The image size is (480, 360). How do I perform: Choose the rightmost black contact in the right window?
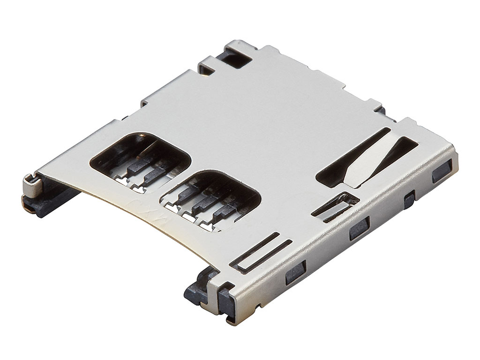[x=223, y=211]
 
